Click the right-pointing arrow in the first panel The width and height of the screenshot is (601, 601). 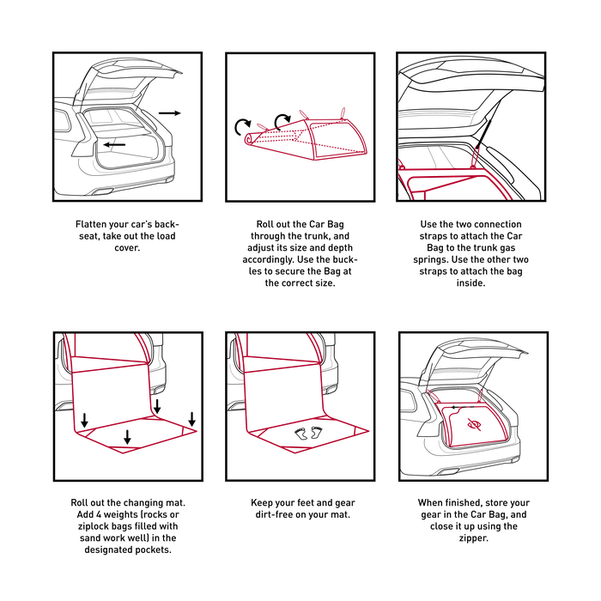(x=169, y=113)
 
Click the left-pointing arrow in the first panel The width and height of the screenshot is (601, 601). (x=114, y=144)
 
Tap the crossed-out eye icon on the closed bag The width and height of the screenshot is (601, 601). (x=474, y=424)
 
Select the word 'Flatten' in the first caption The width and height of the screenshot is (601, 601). (x=91, y=224)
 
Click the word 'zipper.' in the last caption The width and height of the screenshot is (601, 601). (x=474, y=538)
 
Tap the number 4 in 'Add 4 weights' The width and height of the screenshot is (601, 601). (x=99, y=514)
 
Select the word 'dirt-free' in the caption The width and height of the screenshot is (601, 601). (x=274, y=514)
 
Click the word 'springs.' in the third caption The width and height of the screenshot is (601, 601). (x=430, y=260)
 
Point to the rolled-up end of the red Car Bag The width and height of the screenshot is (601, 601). (x=250, y=139)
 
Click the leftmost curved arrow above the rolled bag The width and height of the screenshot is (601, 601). (x=242, y=127)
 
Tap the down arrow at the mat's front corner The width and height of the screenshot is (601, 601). (x=128, y=437)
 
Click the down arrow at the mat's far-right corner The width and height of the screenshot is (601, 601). (x=192, y=419)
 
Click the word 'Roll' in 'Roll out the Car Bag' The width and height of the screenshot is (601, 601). (x=264, y=224)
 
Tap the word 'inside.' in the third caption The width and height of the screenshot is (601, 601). (x=470, y=283)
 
